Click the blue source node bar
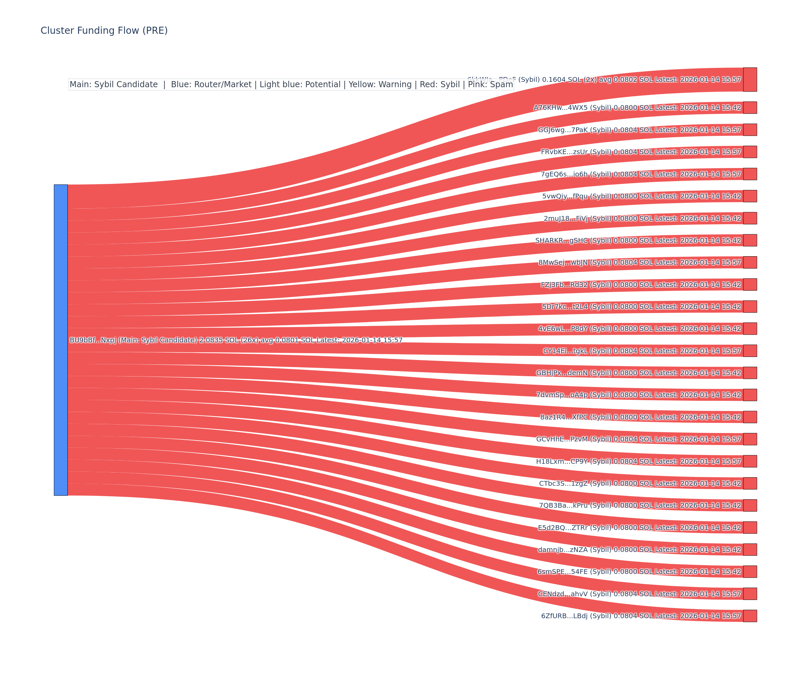(60, 340)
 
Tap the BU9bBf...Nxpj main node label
(236, 340)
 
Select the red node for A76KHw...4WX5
(750, 107)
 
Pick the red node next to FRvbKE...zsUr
(750, 152)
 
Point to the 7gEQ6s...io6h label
(641, 174)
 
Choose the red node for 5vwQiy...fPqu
(750, 196)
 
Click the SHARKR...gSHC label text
(638, 240)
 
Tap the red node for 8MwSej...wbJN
(750, 262)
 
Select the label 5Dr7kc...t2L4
(641, 307)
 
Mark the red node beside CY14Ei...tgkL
(750, 351)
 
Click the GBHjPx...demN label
(638, 373)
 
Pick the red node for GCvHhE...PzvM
(750, 439)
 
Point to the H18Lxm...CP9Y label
(638, 461)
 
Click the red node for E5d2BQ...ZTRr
(750, 527)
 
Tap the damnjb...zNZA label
(639, 550)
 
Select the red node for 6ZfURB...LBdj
(750, 616)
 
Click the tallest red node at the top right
(750, 79)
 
